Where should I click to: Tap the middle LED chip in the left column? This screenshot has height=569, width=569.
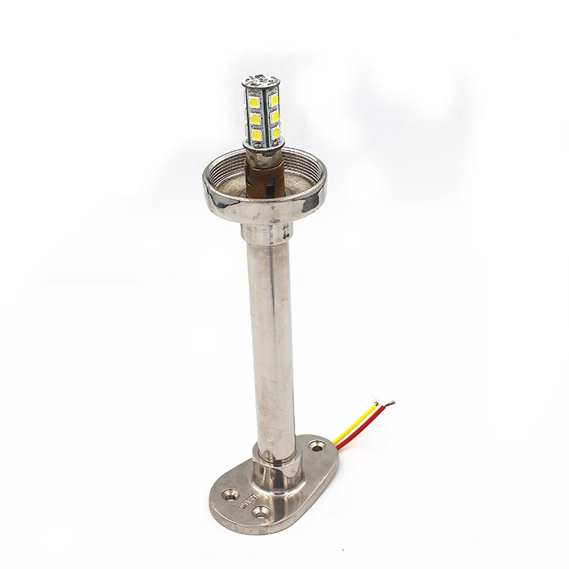(256, 118)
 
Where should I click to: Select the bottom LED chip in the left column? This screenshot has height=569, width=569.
(257, 135)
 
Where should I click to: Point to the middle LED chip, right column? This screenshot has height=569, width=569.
(275, 116)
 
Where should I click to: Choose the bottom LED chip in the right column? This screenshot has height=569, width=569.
(276, 132)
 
